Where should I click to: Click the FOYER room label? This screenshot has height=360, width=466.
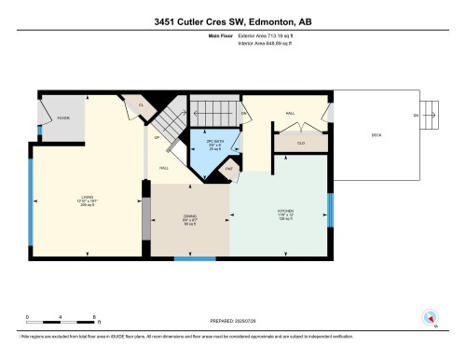[63, 118]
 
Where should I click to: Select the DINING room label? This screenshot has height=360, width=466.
[189, 219]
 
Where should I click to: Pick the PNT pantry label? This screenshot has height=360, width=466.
[228, 168]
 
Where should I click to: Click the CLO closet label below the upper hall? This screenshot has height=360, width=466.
[300, 143]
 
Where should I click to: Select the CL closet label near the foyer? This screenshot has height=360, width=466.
[142, 105]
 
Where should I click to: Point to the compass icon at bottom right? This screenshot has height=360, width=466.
[431, 317]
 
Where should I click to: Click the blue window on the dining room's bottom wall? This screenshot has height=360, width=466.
[195, 258]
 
